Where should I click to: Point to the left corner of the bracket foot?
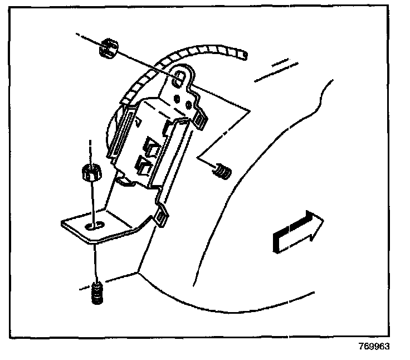(62, 223)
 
